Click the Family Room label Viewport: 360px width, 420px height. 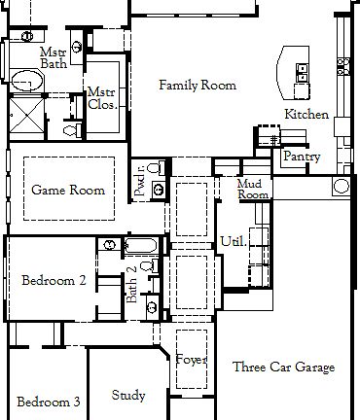coord(198,86)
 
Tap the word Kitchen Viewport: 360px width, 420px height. coord(306,115)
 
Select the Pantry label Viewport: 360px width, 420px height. coord(296,157)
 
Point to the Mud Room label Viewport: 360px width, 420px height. coord(253,189)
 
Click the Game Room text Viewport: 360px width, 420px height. coord(68,190)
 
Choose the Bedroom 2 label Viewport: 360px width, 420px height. coord(54,280)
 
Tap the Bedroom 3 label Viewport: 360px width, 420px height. coord(48,401)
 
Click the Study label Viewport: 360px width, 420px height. coord(128,396)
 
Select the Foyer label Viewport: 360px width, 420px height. coord(192,360)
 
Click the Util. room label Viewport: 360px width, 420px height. coord(233,239)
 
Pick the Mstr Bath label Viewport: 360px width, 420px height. coord(53,57)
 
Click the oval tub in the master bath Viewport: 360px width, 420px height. coord(26,81)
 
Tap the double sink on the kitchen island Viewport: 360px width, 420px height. coord(303,74)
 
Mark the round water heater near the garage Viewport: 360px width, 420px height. coord(342,185)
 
